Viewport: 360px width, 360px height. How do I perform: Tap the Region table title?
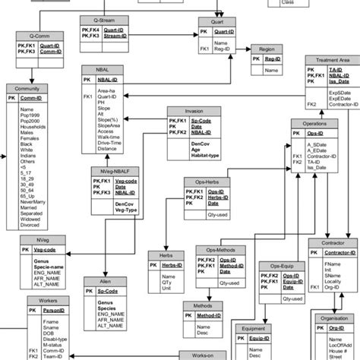pyautogui.click(x=266, y=49)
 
